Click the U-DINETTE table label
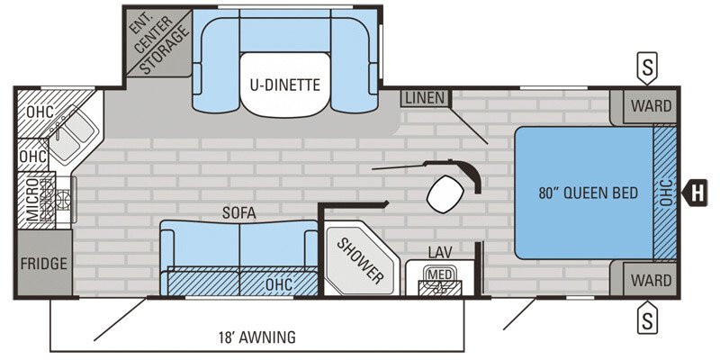(x=284, y=85)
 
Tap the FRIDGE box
(x=44, y=263)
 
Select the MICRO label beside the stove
(x=32, y=200)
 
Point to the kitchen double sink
(x=70, y=132)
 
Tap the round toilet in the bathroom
(x=445, y=194)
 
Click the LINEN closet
(x=426, y=98)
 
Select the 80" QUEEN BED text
(x=589, y=193)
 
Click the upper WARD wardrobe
(x=650, y=106)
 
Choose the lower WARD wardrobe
(x=650, y=279)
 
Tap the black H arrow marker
(x=694, y=193)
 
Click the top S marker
(x=647, y=68)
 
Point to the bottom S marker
(x=647, y=318)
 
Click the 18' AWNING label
(x=256, y=337)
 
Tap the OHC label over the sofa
(x=279, y=284)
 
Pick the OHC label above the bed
(x=666, y=193)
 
